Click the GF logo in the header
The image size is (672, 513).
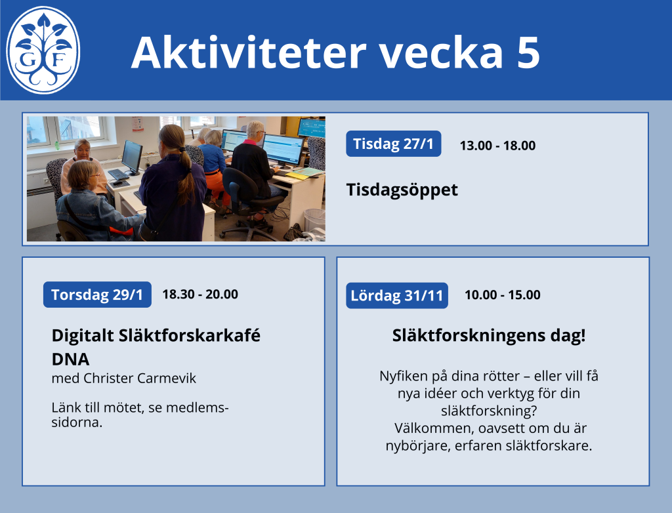(43, 50)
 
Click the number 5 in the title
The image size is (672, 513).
(528, 52)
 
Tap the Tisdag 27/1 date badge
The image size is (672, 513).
(394, 144)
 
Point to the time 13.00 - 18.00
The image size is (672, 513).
(497, 146)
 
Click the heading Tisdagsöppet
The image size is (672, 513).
(402, 190)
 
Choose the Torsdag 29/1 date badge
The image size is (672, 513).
(97, 295)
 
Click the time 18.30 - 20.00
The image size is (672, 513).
(200, 295)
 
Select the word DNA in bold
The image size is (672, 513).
(70, 359)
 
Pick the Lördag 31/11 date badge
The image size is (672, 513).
(397, 295)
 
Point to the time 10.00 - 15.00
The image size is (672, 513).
(503, 295)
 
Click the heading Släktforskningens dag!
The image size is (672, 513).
(488, 336)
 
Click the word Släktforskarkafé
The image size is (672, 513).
(190, 336)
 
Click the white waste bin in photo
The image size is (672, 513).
(314, 219)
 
